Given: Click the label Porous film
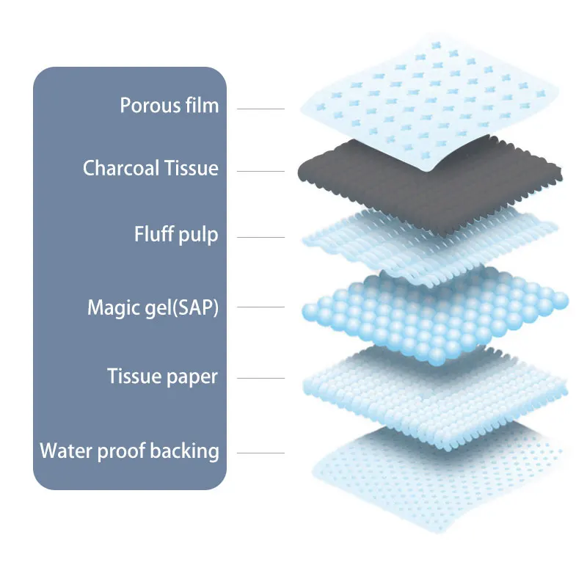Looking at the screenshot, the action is coord(169,106).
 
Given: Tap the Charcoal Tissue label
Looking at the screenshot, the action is coord(150,168).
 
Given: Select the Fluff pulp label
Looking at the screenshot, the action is coord(176,235).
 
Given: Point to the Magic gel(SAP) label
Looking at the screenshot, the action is coord(153,307).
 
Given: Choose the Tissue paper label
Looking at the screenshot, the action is coord(162,377).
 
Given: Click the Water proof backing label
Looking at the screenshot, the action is coord(129,450).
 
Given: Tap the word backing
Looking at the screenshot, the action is coord(184,450).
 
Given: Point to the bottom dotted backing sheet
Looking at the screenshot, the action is coord(440,477).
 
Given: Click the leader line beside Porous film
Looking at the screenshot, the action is coord(260,109).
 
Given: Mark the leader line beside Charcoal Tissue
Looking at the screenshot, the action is coord(260,172).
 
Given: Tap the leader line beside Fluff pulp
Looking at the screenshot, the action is coord(260,237).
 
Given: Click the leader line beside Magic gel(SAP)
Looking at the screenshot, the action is coord(260,310).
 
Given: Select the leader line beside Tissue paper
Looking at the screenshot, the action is coord(260,379).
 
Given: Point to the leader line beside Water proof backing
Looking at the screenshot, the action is coord(260,453).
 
